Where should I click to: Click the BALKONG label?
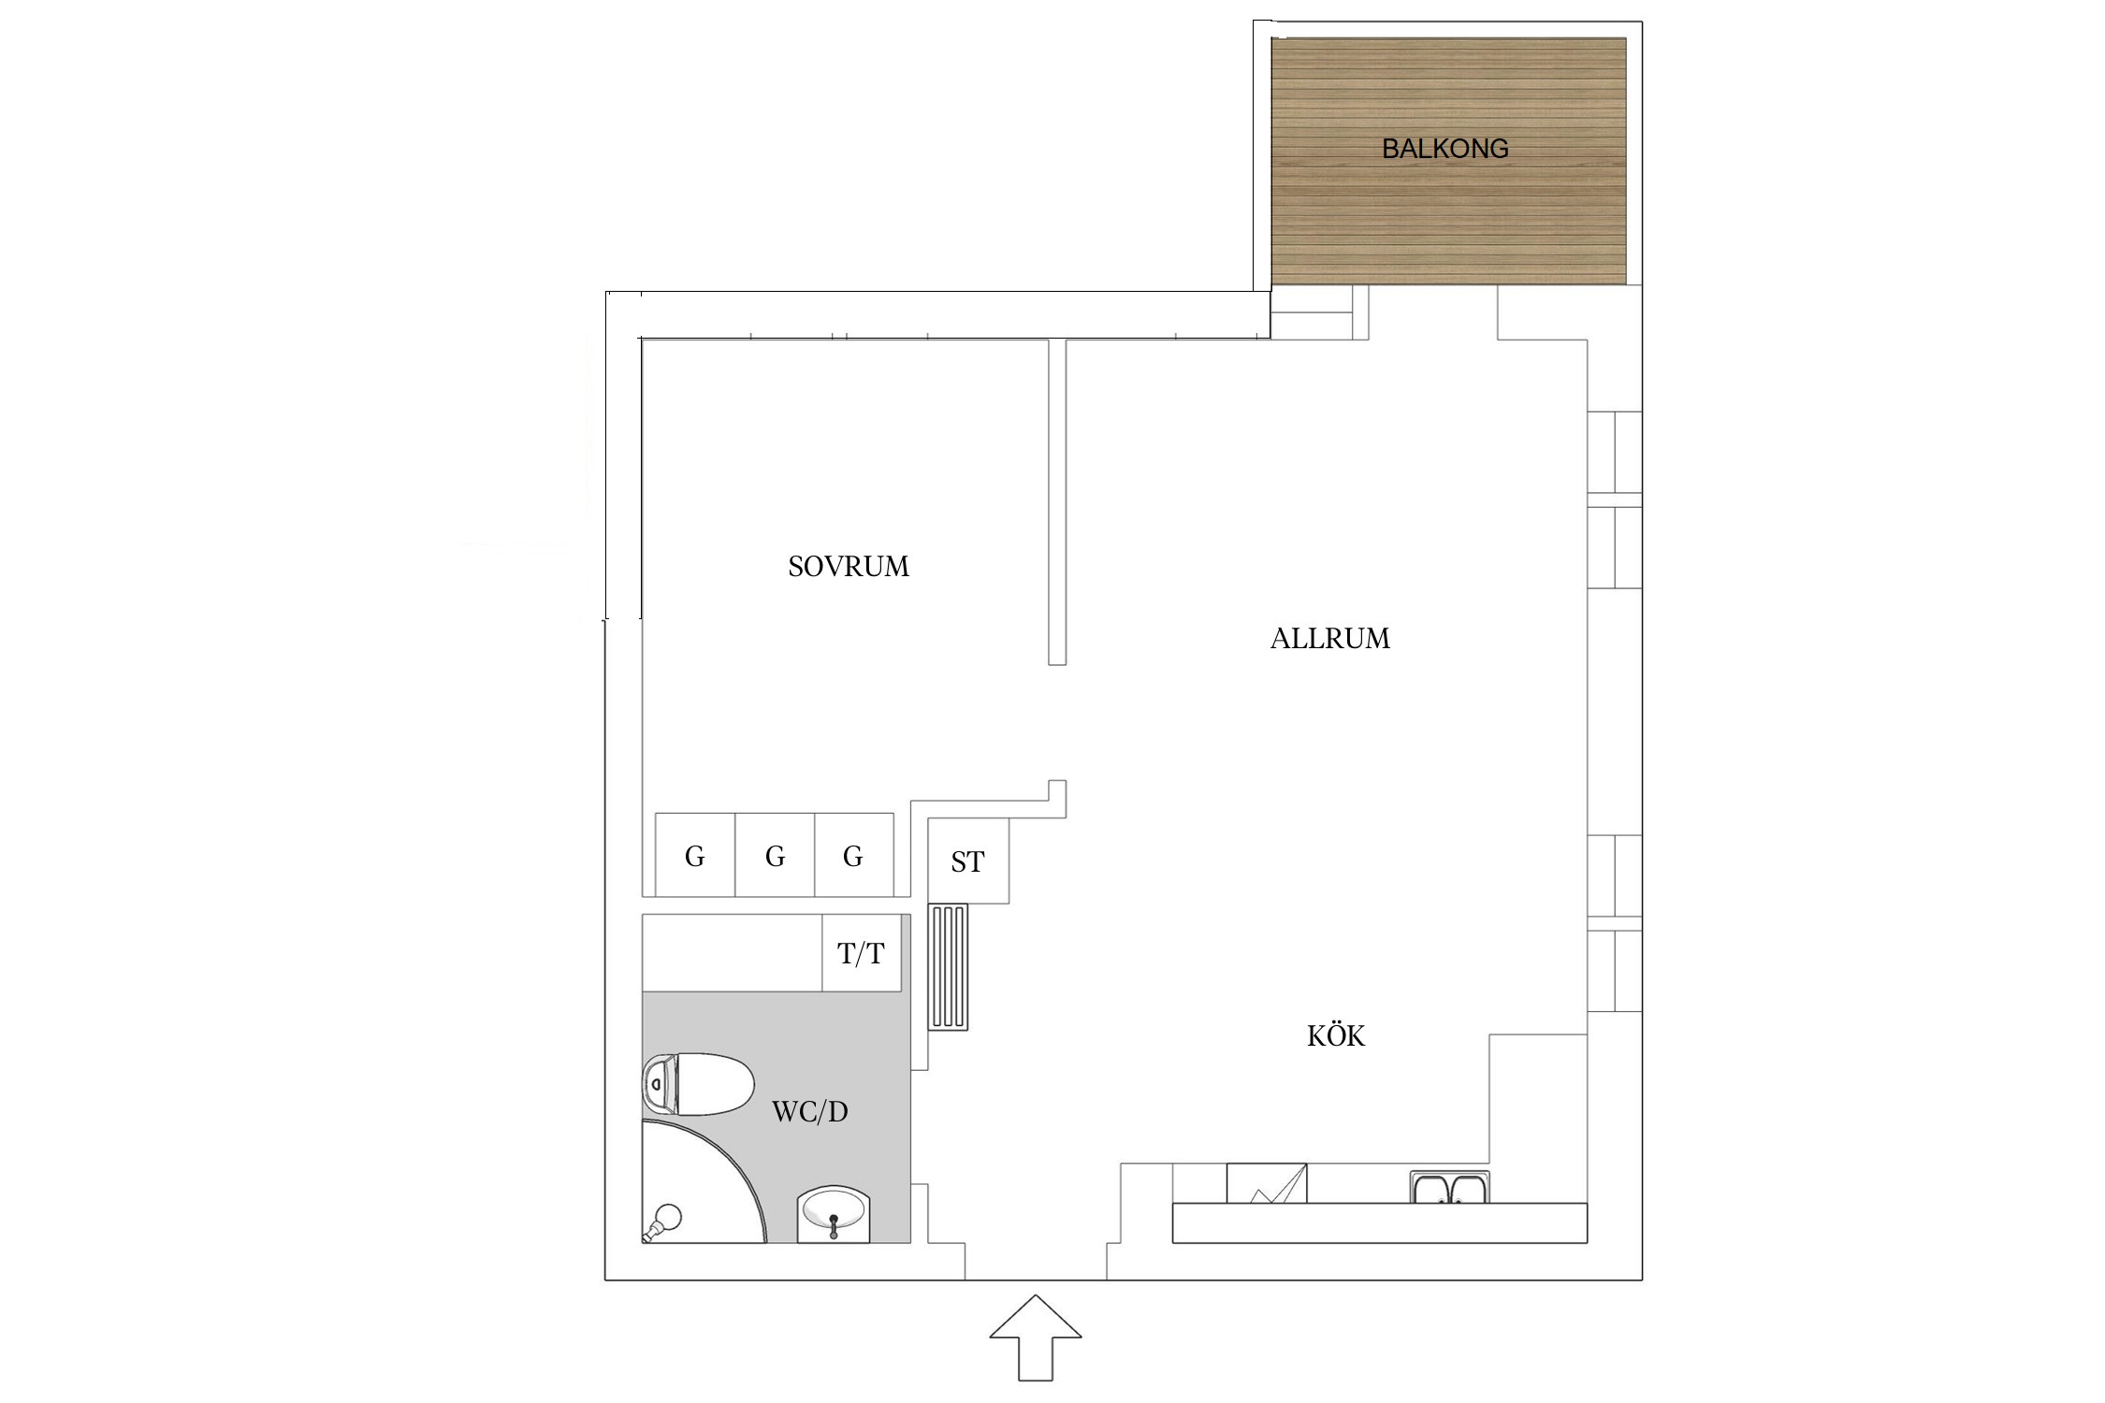[x=1444, y=149]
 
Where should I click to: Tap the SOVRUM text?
[x=849, y=567]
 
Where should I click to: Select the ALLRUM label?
[x=1329, y=639]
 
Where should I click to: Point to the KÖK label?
[x=1335, y=1035]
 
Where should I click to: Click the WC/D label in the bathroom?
[x=809, y=1111]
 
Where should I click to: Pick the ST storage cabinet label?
[x=967, y=861]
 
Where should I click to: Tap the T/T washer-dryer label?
[x=861, y=954]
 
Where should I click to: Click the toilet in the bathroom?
[x=698, y=1084]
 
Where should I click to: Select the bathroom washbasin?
[x=835, y=1214]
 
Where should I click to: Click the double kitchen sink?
[x=1449, y=1187]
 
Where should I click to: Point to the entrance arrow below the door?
[x=1036, y=1338]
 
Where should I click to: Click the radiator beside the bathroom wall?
[x=948, y=967]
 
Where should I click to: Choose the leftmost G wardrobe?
[x=695, y=855]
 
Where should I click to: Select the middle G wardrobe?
[x=775, y=855]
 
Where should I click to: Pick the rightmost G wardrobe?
[x=853, y=855]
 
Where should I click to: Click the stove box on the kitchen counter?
[x=1267, y=1183]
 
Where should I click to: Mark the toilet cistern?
[x=658, y=1084]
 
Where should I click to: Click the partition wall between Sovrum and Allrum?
[x=1057, y=502]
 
